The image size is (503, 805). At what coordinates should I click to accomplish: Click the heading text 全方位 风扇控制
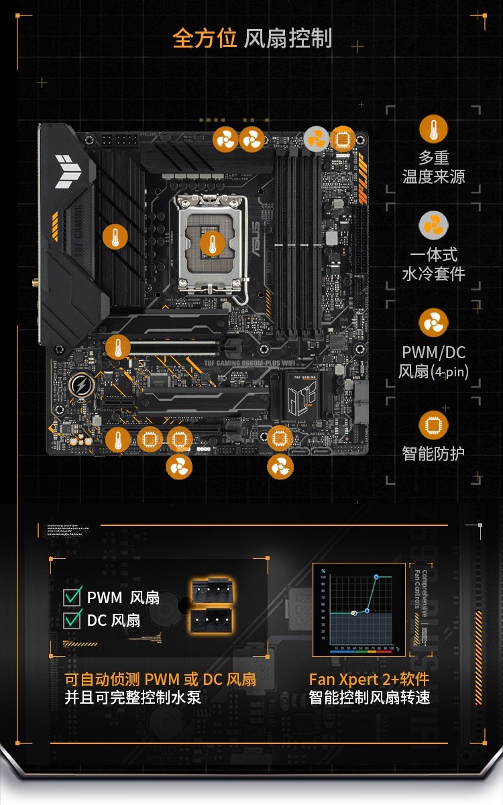(x=252, y=38)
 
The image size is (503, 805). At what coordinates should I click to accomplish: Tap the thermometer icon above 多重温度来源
(x=433, y=129)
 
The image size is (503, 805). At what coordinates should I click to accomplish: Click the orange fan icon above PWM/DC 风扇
(x=433, y=323)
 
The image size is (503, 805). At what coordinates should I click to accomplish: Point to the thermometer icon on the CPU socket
(x=213, y=243)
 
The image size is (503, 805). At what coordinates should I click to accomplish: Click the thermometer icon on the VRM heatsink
(x=115, y=237)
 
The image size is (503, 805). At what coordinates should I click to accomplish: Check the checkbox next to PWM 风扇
(x=72, y=596)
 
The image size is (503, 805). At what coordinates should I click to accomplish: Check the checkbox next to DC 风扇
(x=72, y=620)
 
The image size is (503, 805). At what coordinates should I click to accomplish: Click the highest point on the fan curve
(x=376, y=577)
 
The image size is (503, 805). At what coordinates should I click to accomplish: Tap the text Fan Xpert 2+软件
(x=369, y=679)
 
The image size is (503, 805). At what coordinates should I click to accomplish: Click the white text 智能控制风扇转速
(x=369, y=697)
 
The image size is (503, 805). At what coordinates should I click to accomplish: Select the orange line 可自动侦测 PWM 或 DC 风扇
(x=160, y=679)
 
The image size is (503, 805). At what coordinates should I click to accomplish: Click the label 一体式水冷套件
(x=433, y=264)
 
